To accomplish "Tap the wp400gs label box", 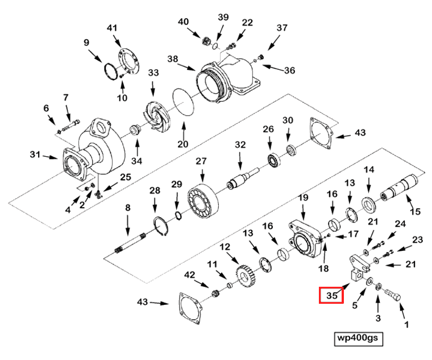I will pos(358,338).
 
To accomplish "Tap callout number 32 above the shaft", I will pos(240,145).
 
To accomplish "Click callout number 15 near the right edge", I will pos(415,211).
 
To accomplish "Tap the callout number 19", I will pos(303,198).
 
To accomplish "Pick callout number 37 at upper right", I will pos(283,28).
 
